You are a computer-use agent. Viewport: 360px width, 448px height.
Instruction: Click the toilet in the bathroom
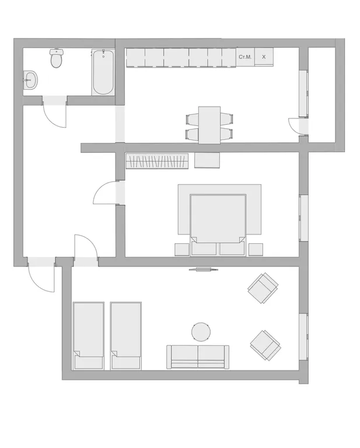[x=57, y=58]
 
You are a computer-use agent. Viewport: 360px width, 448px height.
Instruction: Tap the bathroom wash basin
[x=30, y=80]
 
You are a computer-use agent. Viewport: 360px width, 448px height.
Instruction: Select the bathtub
[x=103, y=72]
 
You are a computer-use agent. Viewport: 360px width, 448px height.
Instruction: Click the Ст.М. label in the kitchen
[x=245, y=57]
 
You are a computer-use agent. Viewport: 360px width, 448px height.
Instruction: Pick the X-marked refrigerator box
[x=264, y=57]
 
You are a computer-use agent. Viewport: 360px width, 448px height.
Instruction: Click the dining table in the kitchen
[x=209, y=125]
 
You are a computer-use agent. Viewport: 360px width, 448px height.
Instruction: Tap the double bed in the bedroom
[x=218, y=225]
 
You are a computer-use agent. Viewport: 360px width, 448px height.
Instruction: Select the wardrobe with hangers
[x=157, y=161]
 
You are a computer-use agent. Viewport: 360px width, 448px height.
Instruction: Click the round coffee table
[x=201, y=332]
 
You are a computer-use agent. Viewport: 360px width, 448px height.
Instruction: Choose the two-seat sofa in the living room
[x=198, y=357]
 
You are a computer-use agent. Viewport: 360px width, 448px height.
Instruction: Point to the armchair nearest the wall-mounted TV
[x=263, y=288]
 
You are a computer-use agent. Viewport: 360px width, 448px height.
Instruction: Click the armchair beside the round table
[x=265, y=345]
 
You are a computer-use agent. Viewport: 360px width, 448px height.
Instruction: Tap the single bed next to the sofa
[x=126, y=336]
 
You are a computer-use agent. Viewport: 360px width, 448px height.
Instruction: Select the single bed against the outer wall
[x=89, y=336]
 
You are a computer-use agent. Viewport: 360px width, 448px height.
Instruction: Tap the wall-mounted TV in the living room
[x=204, y=269]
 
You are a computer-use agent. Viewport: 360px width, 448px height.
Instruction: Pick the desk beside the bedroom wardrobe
[x=207, y=160]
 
